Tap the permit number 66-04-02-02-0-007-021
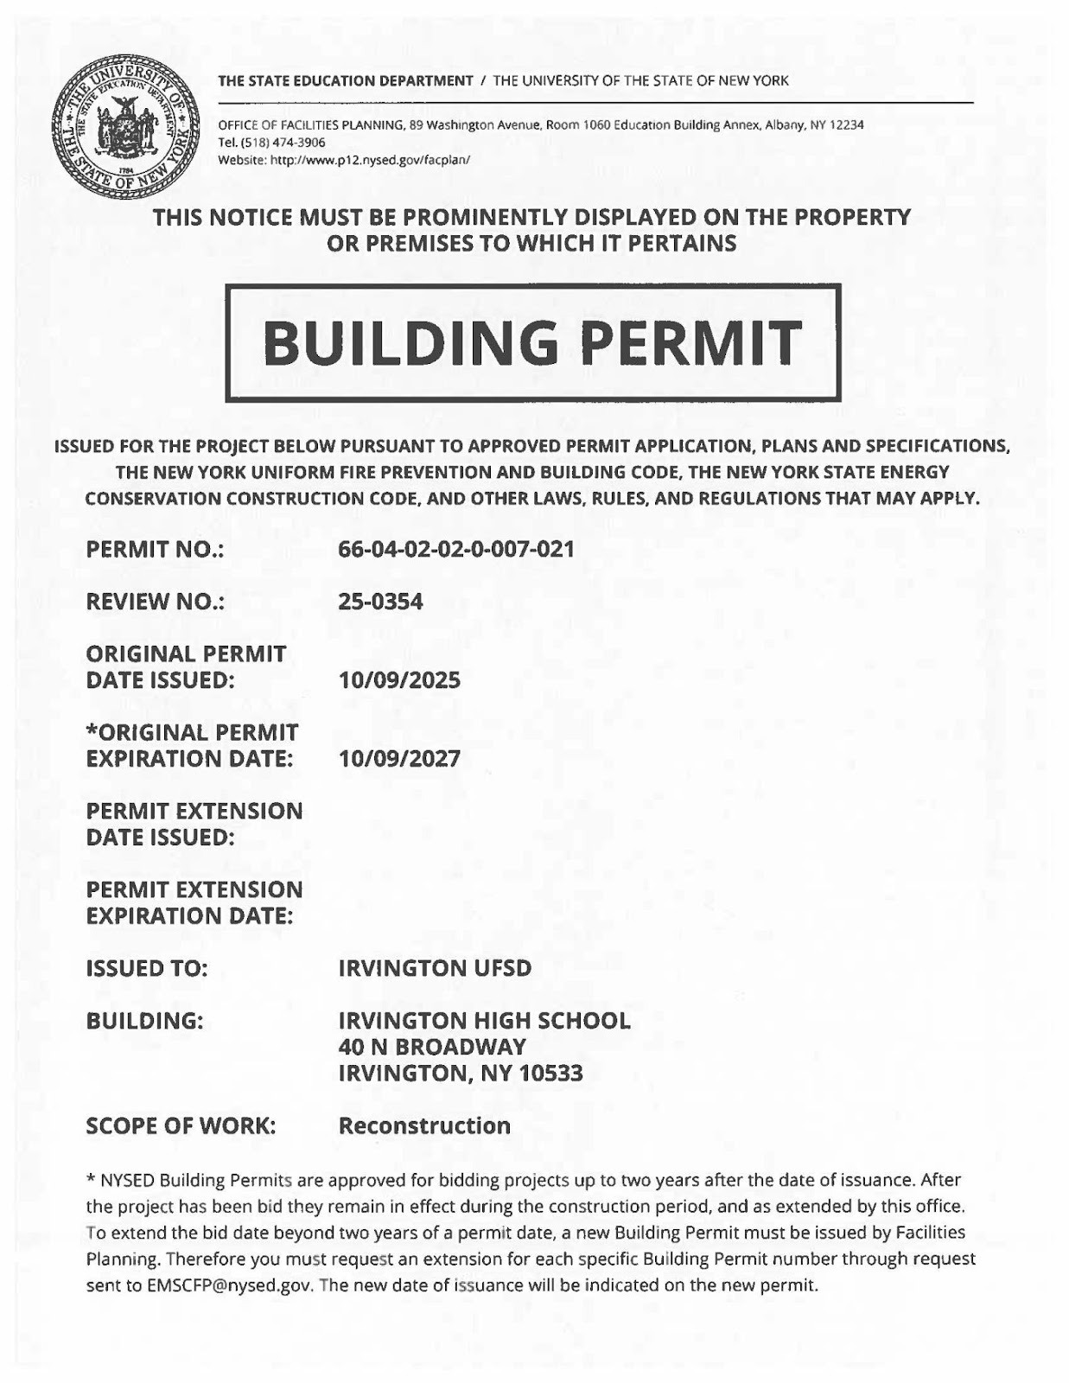tap(456, 549)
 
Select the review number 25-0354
tap(380, 602)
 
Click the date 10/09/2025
tap(399, 680)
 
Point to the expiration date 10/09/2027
tap(399, 759)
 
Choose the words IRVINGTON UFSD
tap(435, 968)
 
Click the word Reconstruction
tap(424, 1125)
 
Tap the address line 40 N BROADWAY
tap(432, 1047)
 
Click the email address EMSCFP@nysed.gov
tap(228, 1284)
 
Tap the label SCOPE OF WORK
tap(181, 1125)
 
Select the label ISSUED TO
tap(147, 968)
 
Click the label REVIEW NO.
tap(156, 602)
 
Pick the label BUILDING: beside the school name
tap(144, 1021)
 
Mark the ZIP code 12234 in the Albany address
tap(846, 125)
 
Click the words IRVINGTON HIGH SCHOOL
tap(484, 1021)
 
